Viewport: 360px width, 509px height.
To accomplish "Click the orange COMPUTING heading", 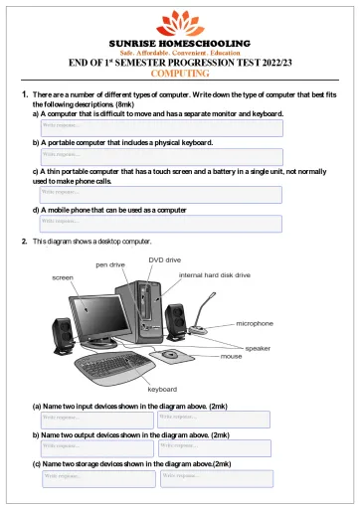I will [x=180, y=73].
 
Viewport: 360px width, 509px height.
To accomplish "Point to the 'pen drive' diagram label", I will [x=110, y=265].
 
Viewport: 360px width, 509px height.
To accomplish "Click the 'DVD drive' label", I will [x=164, y=258].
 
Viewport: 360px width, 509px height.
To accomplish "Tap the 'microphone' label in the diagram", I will [x=261, y=324].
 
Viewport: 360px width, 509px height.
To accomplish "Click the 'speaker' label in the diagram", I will [x=258, y=348].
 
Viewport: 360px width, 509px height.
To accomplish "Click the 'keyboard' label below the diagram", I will [x=162, y=389].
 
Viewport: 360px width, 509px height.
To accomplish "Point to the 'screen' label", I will [x=62, y=277].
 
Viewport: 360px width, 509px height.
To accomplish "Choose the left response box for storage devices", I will [x=97, y=477].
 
